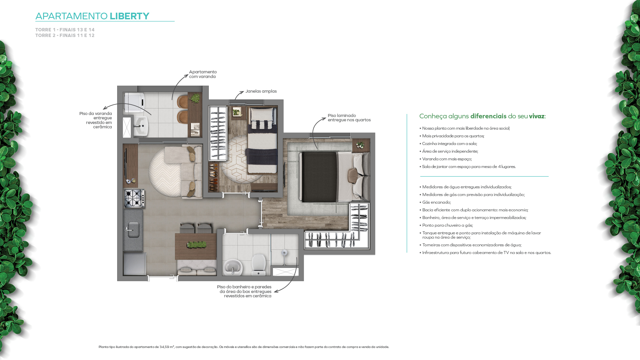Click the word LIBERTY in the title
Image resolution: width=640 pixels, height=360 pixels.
(129, 16)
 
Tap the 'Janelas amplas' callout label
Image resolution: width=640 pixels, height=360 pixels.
(261, 91)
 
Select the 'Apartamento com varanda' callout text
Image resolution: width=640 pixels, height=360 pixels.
(203, 74)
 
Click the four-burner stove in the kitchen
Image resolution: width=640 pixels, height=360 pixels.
(134, 198)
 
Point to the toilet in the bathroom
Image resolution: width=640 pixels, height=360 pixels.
(258, 265)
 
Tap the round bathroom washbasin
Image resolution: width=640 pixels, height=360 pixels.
(232, 267)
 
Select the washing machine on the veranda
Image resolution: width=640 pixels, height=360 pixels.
(134, 102)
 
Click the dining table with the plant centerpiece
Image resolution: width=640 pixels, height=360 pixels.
(196, 246)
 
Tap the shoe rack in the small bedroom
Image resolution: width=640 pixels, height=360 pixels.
(213, 177)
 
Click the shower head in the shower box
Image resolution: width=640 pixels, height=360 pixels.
(284, 253)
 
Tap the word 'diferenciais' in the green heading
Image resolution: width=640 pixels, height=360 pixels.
(488, 116)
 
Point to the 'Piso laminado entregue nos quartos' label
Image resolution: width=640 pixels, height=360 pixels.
(349, 118)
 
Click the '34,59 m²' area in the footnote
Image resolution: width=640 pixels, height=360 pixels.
(167, 347)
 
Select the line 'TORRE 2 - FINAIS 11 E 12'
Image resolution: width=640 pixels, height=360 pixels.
(65, 35)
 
